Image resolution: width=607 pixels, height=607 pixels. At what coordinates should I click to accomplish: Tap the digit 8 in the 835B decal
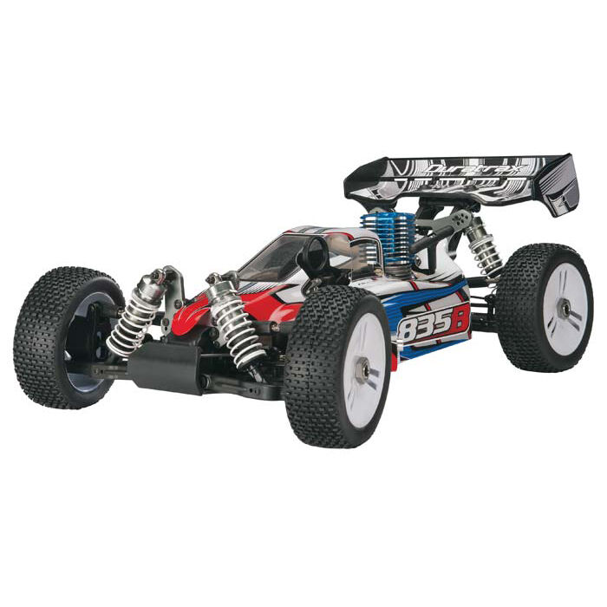(407, 330)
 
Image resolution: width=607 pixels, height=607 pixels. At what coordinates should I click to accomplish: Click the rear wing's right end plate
(563, 186)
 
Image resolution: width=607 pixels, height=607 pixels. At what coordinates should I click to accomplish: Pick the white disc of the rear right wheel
(559, 303)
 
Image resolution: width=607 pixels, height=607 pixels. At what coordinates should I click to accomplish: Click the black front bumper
(165, 364)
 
